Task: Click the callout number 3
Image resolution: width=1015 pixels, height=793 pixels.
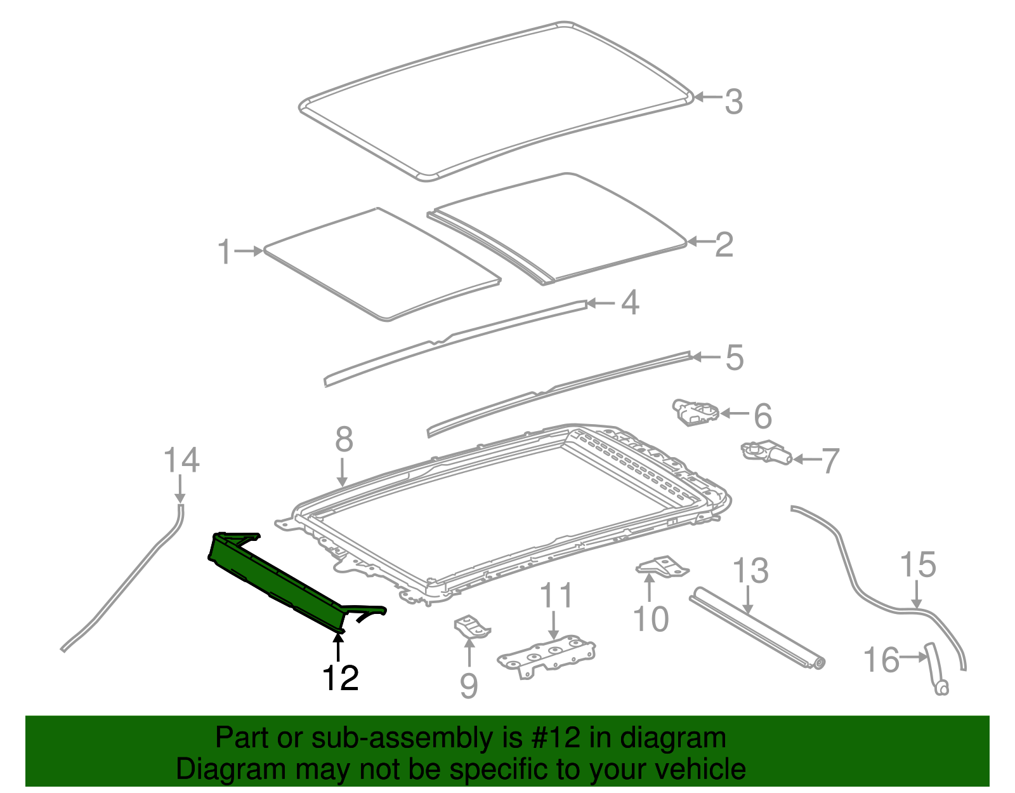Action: [x=734, y=102]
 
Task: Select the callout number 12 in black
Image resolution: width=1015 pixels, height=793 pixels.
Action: [x=341, y=678]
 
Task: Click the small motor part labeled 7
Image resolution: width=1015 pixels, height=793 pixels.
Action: [x=768, y=453]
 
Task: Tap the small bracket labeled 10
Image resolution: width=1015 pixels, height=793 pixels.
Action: [x=662, y=566]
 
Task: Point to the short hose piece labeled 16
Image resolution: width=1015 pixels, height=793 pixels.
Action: [x=936, y=670]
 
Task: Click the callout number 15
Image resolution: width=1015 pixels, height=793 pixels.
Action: [x=918, y=564]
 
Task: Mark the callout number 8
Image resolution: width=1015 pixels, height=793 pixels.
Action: [x=344, y=439]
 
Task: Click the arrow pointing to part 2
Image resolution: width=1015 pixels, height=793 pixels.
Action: [x=699, y=241]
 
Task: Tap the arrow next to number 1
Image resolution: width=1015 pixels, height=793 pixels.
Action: [x=249, y=251]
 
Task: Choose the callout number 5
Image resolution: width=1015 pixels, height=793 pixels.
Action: [x=734, y=357]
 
